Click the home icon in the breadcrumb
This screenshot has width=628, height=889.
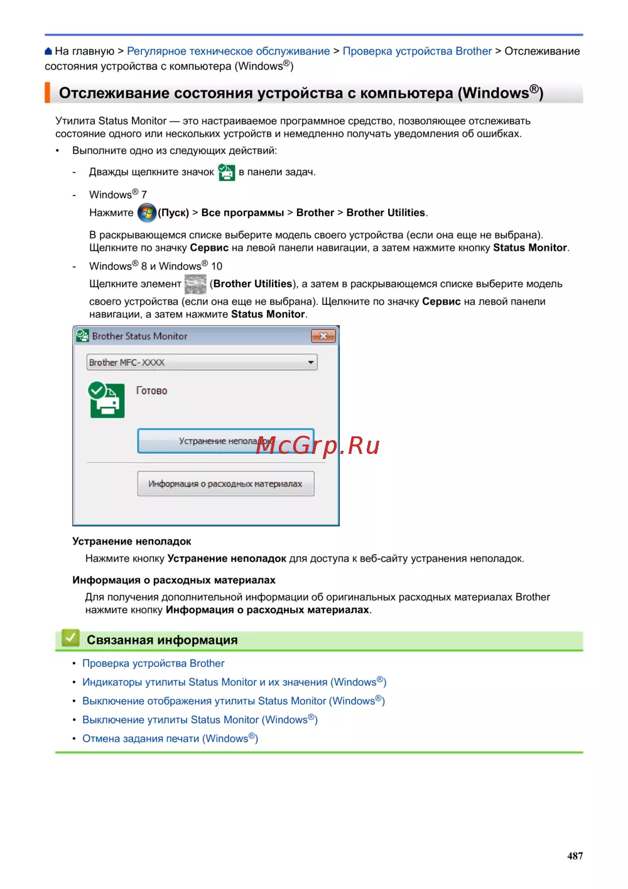[48, 52]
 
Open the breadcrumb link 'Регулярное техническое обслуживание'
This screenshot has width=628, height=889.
[228, 52]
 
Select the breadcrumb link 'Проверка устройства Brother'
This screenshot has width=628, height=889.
[417, 52]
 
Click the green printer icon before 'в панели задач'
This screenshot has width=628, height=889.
[226, 172]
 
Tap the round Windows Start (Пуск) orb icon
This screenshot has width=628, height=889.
[146, 213]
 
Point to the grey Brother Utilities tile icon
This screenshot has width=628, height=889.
[195, 284]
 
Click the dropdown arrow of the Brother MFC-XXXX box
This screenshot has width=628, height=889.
[310, 362]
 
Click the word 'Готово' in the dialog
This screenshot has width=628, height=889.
[152, 390]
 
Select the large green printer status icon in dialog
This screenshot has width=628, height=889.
[106, 400]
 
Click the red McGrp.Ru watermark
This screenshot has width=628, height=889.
[318, 445]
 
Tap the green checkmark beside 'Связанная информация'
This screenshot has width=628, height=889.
[70, 639]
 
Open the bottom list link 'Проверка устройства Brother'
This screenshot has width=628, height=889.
[153, 663]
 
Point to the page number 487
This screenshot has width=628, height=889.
[575, 856]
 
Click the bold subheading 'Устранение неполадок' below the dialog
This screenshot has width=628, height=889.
[132, 541]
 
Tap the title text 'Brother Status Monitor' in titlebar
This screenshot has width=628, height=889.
[139, 336]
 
